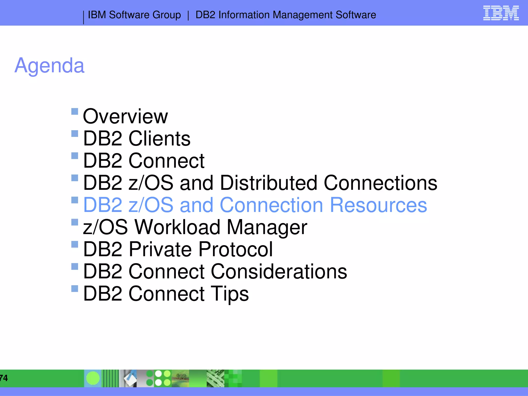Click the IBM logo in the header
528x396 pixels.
pyautogui.click(x=501, y=13)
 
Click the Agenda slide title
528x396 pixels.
pyautogui.click(x=49, y=66)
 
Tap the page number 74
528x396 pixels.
pyautogui.click(x=4, y=378)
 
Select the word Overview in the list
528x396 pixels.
pyautogui.click(x=125, y=117)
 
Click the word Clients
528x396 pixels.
pyautogui.click(x=159, y=139)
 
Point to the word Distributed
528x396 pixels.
pyautogui.click(x=268, y=183)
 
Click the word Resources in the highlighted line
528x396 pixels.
pyautogui.click(x=378, y=205)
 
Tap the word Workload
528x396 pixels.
pyautogui.click(x=177, y=227)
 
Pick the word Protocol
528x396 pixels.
pyautogui.click(x=235, y=250)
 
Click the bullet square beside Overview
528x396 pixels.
pyautogui.click(x=75, y=111)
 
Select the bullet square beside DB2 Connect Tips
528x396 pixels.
pyautogui.click(x=75, y=288)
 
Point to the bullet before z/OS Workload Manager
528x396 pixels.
pyautogui.click(x=75, y=222)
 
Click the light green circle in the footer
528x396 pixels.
pyautogui.click(x=93, y=378)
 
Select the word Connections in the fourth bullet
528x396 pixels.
pyautogui.click(x=380, y=183)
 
